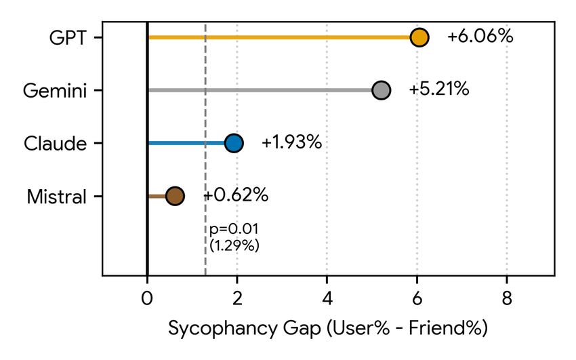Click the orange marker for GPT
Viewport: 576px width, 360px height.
click(x=419, y=37)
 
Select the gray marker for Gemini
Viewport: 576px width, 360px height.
click(x=382, y=90)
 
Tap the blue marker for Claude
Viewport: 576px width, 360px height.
click(x=234, y=143)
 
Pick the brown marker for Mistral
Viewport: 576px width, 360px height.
click(x=175, y=196)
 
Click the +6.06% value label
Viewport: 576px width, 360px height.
click(x=480, y=37)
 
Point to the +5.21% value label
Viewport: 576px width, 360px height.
click(x=438, y=89)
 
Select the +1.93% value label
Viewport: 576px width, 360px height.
click(x=291, y=142)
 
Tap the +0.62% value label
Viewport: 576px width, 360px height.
click(x=236, y=195)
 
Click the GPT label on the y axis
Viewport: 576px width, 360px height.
click(x=68, y=37)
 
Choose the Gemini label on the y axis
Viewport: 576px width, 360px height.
click(x=54, y=90)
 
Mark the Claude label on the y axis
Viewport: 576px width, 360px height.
click(x=55, y=143)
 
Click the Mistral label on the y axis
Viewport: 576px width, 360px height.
click(x=57, y=197)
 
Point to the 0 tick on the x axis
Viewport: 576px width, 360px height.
click(x=147, y=298)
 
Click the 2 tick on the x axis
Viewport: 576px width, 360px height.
click(x=237, y=298)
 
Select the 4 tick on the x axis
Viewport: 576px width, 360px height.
click(x=327, y=298)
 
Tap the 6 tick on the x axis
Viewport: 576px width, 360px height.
click(x=417, y=298)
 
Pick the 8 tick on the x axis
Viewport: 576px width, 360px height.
click(x=507, y=298)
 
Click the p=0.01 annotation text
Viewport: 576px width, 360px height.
click(x=234, y=229)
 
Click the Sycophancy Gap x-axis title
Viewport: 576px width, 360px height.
click(x=328, y=329)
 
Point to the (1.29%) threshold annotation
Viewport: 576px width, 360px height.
click(x=234, y=245)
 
